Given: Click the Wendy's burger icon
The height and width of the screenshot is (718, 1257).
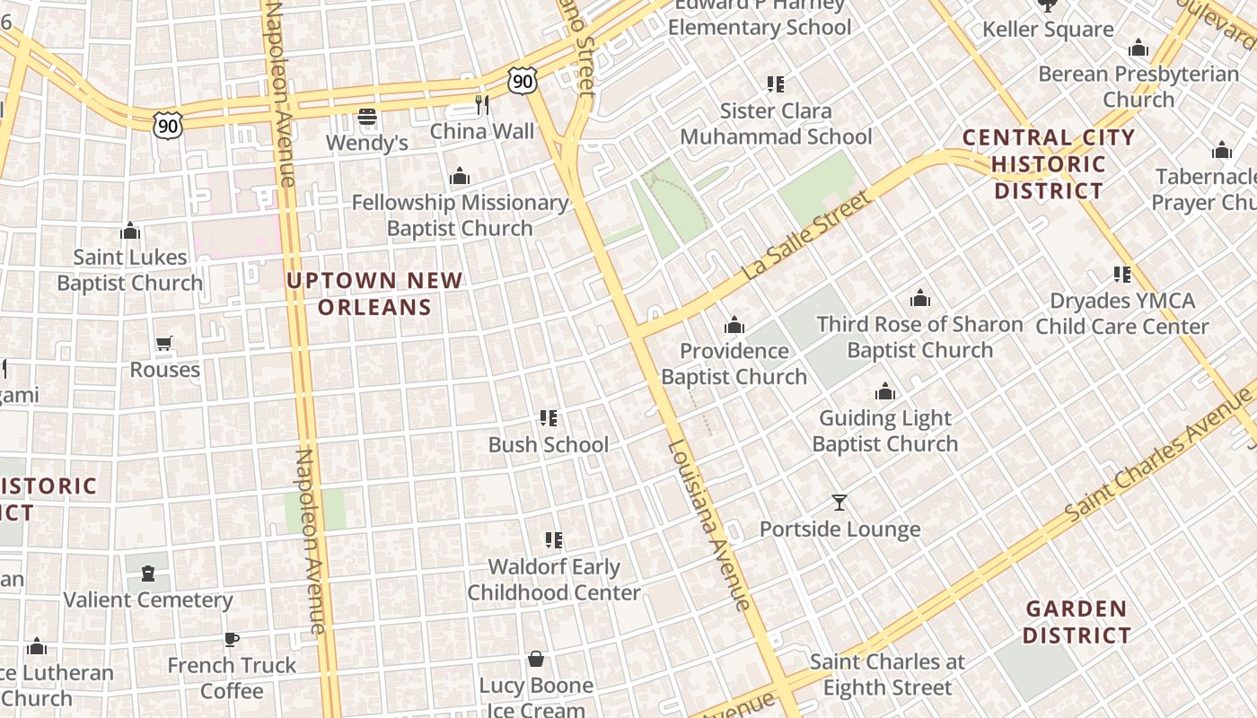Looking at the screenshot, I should click(366, 117).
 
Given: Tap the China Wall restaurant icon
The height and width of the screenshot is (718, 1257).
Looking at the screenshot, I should click(482, 105).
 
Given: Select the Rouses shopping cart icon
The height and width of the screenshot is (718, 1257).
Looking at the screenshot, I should click(163, 343).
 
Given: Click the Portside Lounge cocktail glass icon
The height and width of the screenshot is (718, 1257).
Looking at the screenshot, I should click(839, 503).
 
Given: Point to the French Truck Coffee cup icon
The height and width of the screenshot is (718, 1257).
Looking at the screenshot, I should click(232, 639).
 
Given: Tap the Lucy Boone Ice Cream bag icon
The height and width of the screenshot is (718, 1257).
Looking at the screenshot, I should click(536, 660).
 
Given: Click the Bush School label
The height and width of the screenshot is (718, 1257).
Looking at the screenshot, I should click(548, 444).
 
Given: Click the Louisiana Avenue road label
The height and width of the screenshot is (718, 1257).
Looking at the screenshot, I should click(708, 525).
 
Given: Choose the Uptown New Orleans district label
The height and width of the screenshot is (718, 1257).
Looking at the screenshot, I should click(374, 293).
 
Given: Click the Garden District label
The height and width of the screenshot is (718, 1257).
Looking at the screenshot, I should click(1077, 622).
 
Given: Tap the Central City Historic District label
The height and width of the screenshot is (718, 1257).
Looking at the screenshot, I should click(1049, 164).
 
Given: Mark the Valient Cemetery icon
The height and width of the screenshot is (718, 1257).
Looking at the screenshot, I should click(148, 574).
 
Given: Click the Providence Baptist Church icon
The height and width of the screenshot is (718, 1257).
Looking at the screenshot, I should click(734, 325).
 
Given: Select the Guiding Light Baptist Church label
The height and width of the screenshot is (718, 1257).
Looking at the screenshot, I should click(885, 431).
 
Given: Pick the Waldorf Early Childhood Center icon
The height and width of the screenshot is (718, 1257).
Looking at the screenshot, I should click(554, 540).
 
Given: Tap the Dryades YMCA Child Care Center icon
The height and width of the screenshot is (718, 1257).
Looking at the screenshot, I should click(1122, 275).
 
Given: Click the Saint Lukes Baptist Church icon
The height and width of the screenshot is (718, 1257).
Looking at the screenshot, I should click(130, 232).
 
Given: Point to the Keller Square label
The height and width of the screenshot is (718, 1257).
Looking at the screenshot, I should click(1048, 30).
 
